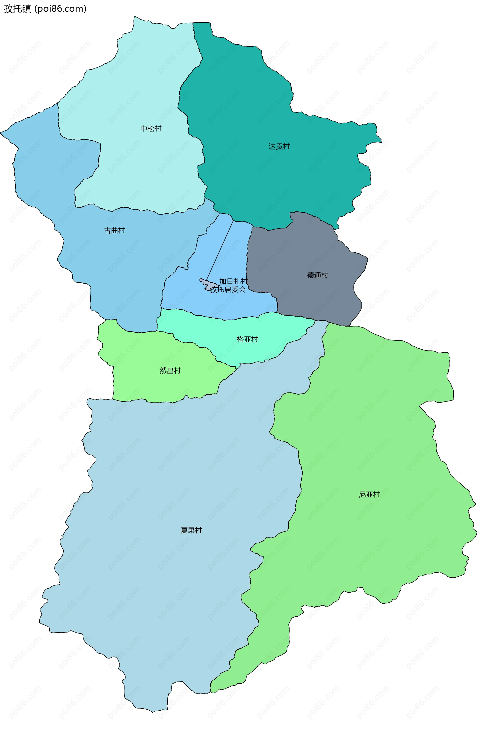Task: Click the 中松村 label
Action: pos(151,129)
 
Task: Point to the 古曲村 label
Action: pos(115,230)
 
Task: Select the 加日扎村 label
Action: pos(233,281)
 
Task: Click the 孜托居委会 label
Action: pos(228,290)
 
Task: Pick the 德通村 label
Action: pos(318,275)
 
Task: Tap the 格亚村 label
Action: pos(247,339)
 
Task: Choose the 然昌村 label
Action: pos(170,371)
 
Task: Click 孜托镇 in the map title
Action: pos(17,9)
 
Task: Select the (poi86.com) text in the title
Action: pos(60,9)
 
